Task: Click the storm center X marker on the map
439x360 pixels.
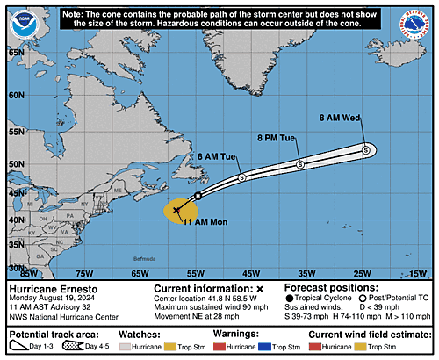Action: point(176,210)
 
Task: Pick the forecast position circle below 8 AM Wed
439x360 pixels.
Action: point(365,151)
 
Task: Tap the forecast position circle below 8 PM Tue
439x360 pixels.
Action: point(299,165)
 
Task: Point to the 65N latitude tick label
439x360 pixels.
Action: point(17,52)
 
